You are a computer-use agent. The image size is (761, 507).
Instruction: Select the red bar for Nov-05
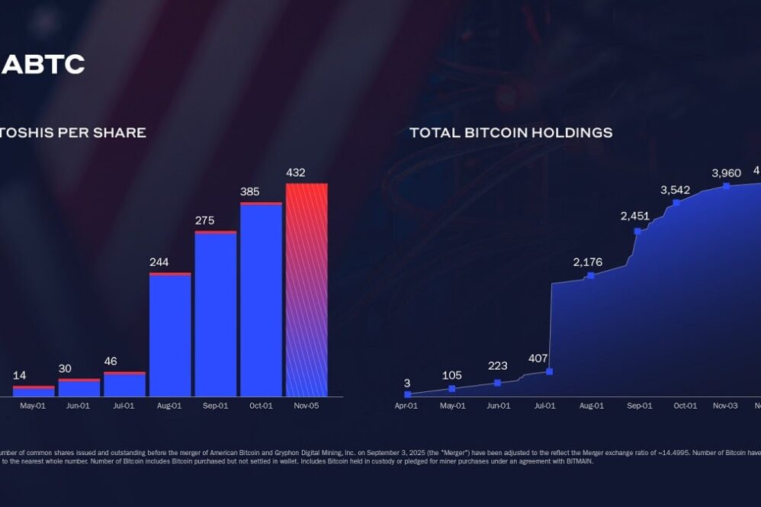click(x=307, y=290)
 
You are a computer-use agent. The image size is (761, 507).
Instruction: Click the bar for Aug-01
click(x=170, y=335)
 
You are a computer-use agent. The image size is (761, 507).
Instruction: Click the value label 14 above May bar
click(x=20, y=376)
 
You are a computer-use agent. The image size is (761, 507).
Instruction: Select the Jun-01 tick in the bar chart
click(x=79, y=406)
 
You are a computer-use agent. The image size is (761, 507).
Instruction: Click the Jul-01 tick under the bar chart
click(x=124, y=406)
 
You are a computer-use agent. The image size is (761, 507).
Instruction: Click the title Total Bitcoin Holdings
click(x=511, y=133)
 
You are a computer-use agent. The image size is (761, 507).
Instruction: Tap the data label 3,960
click(x=726, y=173)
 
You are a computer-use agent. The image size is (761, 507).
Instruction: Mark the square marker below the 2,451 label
click(x=637, y=231)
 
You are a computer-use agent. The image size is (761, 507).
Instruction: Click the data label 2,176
click(x=588, y=262)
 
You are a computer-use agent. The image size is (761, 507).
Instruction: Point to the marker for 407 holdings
click(x=549, y=371)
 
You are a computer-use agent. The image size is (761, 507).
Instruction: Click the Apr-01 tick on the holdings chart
click(x=406, y=406)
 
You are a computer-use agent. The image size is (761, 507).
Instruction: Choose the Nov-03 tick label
click(x=725, y=406)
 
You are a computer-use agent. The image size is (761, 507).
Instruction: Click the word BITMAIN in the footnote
click(x=576, y=461)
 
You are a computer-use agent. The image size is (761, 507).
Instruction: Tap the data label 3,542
click(x=676, y=190)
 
